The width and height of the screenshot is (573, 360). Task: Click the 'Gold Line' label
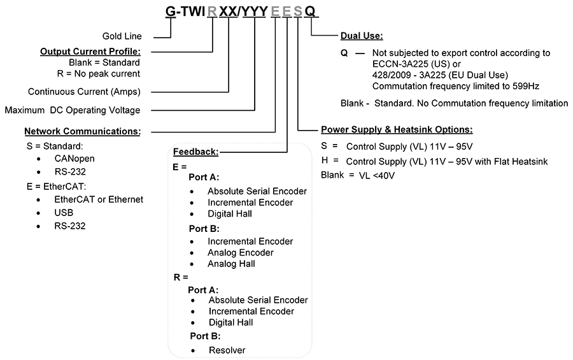pyautogui.click(x=122, y=36)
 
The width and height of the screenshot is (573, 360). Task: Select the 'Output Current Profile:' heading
pyautogui.click(x=90, y=52)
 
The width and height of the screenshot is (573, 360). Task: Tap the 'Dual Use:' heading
pyautogui.click(x=362, y=36)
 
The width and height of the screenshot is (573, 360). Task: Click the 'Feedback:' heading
pyautogui.click(x=196, y=152)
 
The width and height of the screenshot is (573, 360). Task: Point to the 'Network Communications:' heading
pyautogui.click(x=83, y=131)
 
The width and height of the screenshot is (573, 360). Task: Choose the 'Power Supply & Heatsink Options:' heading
pyautogui.click(x=397, y=129)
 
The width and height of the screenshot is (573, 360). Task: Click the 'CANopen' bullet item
pyautogui.click(x=74, y=159)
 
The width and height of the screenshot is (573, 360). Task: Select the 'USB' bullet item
pyautogui.click(x=64, y=213)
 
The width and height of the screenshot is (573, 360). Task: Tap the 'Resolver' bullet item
pyautogui.click(x=227, y=350)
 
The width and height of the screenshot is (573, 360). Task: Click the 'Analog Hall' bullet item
pyautogui.click(x=231, y=264)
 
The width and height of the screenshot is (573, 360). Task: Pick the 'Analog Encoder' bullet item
pyautogui.click(x=241, y=252)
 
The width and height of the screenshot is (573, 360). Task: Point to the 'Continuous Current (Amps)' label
pyautogui.click(x=84, y=92)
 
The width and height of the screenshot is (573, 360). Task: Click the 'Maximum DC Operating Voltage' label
pyautogui.click(x=73, y=110)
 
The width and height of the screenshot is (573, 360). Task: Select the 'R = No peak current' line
pyautogui.click(x=98, y=73)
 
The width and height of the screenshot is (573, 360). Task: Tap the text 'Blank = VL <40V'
pyautogui.click(x=358, y=175)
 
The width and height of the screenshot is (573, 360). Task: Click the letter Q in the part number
pyautogui.click(x=309, y=11)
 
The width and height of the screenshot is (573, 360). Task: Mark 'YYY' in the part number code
pyautogui.click(x=255, y=11)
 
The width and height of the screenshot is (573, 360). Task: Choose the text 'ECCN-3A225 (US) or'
pyautogui.click(x=416, y=64)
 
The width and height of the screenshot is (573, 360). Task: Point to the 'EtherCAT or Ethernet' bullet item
pyautogui.click(x=99, y=199)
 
